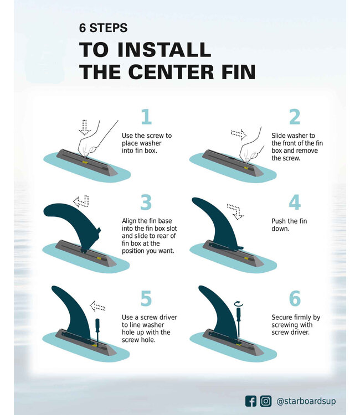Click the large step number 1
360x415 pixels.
point(146,117)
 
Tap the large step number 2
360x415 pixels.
point(295,117)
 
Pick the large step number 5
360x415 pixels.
point(146,298)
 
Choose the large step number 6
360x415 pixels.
point(295,298)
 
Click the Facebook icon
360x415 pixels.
point(250,401)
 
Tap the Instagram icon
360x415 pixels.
point(265,401)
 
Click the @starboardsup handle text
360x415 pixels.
point(306,401)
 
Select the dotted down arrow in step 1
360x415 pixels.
point(85,128)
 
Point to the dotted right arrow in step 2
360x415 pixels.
point(238,134)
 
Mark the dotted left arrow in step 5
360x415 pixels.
point(97,306)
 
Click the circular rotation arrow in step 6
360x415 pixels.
point(239,304)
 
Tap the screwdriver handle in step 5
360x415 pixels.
point(97,324)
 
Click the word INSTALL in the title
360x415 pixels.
point(164,49)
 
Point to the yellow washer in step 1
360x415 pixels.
point(85,162)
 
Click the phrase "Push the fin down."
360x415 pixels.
point(289,225)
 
